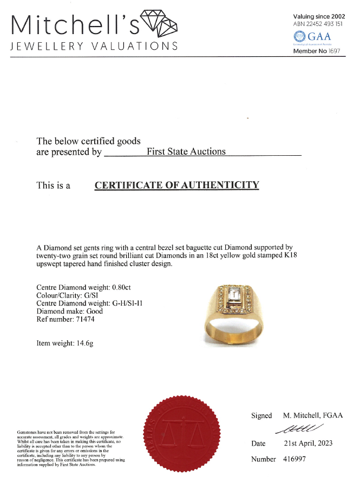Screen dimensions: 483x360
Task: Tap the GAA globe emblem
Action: point(299,37)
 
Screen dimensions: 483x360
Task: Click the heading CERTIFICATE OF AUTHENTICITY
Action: point(177,185)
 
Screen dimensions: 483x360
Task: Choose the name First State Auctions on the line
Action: point(186,152)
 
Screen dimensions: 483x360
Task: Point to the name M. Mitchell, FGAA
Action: point(313,416)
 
